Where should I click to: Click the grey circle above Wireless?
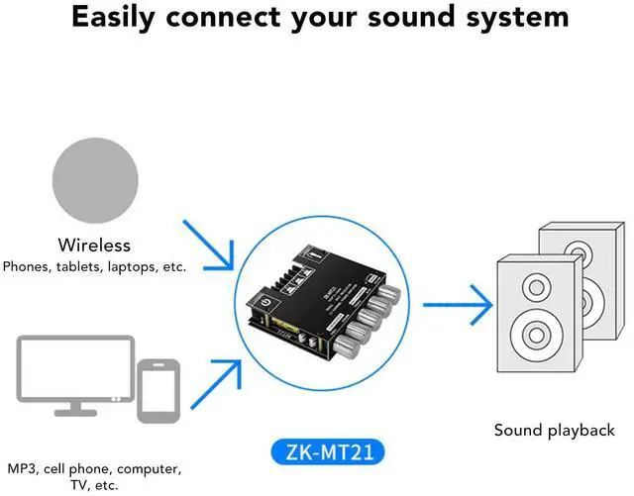coord(94,182)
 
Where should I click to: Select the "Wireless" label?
coord(94,245)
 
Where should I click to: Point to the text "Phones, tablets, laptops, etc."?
coord(94,265)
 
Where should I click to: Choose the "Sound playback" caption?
coord(555,430)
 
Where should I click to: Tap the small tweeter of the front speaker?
coord(535,287)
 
